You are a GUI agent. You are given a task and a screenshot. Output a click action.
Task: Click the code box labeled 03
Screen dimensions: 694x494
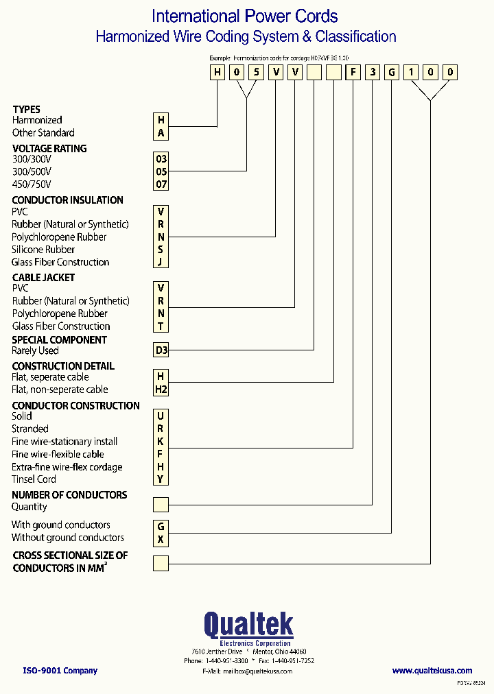pyautogui.click(x=161, y=159)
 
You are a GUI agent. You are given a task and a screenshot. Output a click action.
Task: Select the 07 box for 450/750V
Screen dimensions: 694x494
pyautogui.click(x=161, y=184)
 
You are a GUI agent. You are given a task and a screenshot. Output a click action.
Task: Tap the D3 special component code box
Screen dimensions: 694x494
pyautogui.click(x=161, y=350)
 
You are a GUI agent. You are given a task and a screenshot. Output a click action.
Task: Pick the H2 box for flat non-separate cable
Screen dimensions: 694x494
pyautogui.click(x=161, y=390)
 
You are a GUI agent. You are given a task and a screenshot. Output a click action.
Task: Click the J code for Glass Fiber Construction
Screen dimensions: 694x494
pyautogui.click(x=161, y=261)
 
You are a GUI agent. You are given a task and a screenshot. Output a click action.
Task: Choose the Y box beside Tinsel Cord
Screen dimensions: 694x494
pyautogui.click(x=161, y=479)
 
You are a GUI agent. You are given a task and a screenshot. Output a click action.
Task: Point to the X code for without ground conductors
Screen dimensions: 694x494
pyautogui.click(x=161, y=539)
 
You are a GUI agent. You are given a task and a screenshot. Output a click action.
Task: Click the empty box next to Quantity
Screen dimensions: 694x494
pyautogui.click(x=161, y=506)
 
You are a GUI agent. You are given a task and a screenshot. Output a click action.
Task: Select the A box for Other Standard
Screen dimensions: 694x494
pyautogui.click(x=161, y=133)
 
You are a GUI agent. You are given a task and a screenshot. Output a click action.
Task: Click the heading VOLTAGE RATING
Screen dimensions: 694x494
pyautogui.click(x=49, y=148)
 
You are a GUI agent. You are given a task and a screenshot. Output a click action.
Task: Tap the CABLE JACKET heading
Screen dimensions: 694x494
pyautogui.click(x=43, y=277)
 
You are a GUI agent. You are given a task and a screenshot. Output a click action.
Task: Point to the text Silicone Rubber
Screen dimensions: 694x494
pyautogui.click(x=43, y=250)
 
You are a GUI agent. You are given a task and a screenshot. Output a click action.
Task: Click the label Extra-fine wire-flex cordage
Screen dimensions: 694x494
pyautogui.click(x=67, y=467)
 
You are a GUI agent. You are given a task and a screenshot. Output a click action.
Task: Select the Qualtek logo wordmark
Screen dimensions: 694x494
pyautogui.click(x=248, y=625)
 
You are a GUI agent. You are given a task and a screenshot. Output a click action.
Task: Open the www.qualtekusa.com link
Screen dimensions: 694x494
pyautogui.click(x=432, y=671)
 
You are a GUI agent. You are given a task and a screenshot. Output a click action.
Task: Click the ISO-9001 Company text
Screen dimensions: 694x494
pyautogui.click(x=60, y=671)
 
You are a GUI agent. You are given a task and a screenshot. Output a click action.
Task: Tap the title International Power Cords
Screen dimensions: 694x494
pyautogui.click(x=244, y=16)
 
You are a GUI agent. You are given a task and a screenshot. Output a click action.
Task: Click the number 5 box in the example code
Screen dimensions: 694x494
pyautogui.click(x=256, y=72)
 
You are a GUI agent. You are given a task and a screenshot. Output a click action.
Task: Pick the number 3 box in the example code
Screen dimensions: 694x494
pyautogui.click(x=372, y=72)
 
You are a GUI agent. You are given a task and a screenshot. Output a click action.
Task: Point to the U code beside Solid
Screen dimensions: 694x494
pyautogui.click(x=161, y=416)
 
